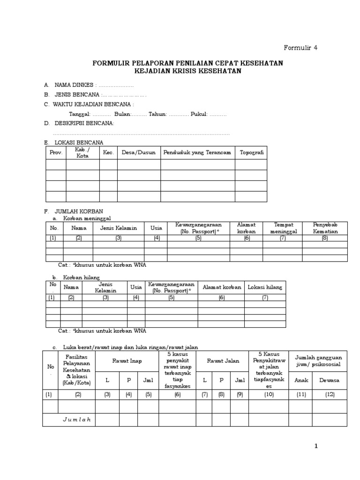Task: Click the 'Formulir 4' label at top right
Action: (301, 48)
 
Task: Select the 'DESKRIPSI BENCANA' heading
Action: (84, 123)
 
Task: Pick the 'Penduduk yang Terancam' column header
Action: (197, 153)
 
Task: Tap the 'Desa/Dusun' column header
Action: (138, 153)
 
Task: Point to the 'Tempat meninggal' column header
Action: (282, 228)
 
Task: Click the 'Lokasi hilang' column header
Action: (265, 287)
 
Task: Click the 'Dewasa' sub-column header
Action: (329, 381)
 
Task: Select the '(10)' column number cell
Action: (269, 395)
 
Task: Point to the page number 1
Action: (316, 446)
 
